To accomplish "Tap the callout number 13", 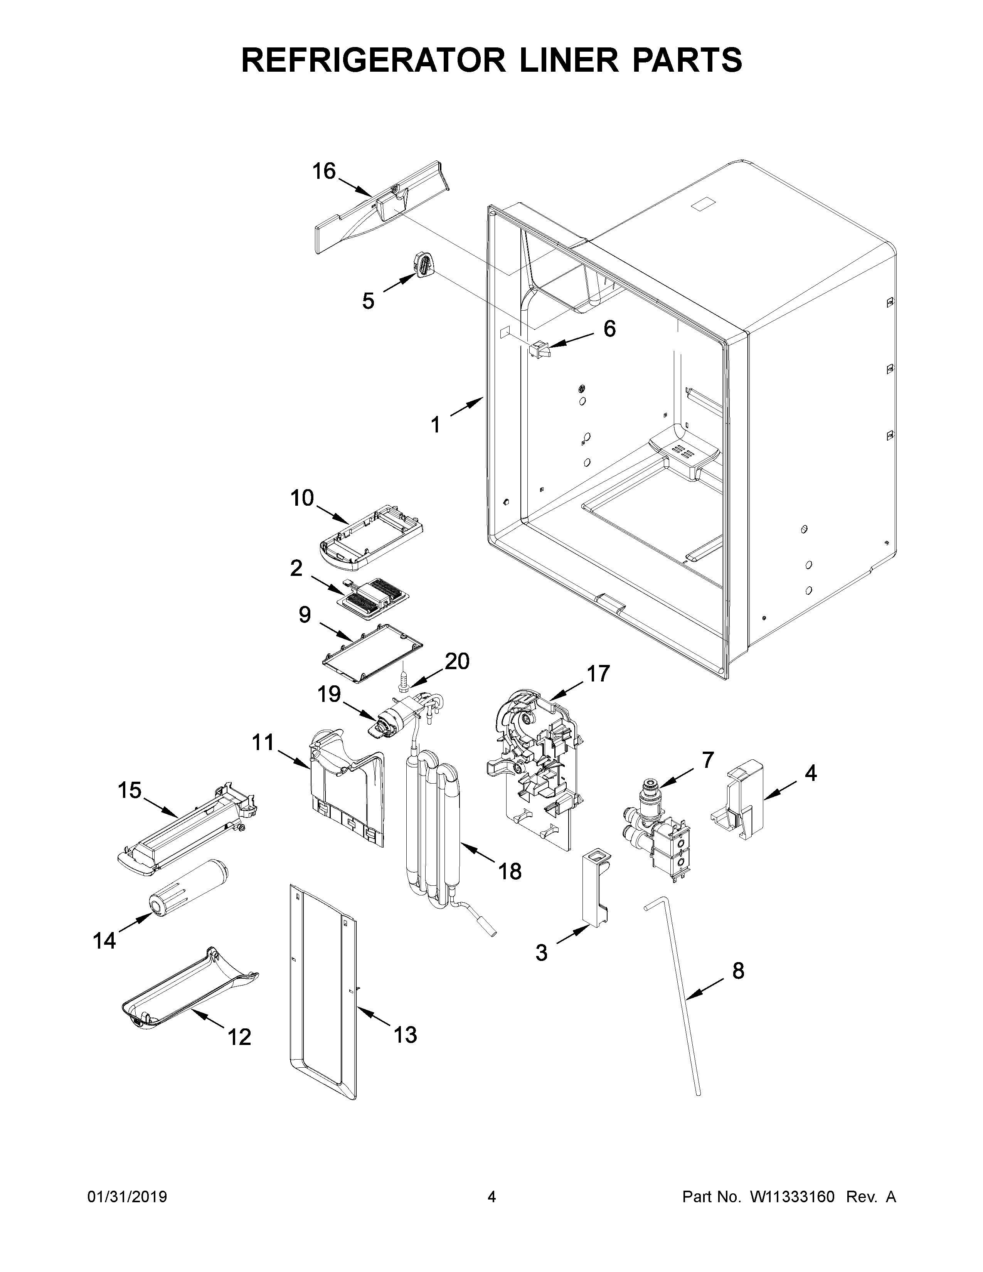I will [x=405, y=1035].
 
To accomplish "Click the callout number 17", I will [x=598, y=673].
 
